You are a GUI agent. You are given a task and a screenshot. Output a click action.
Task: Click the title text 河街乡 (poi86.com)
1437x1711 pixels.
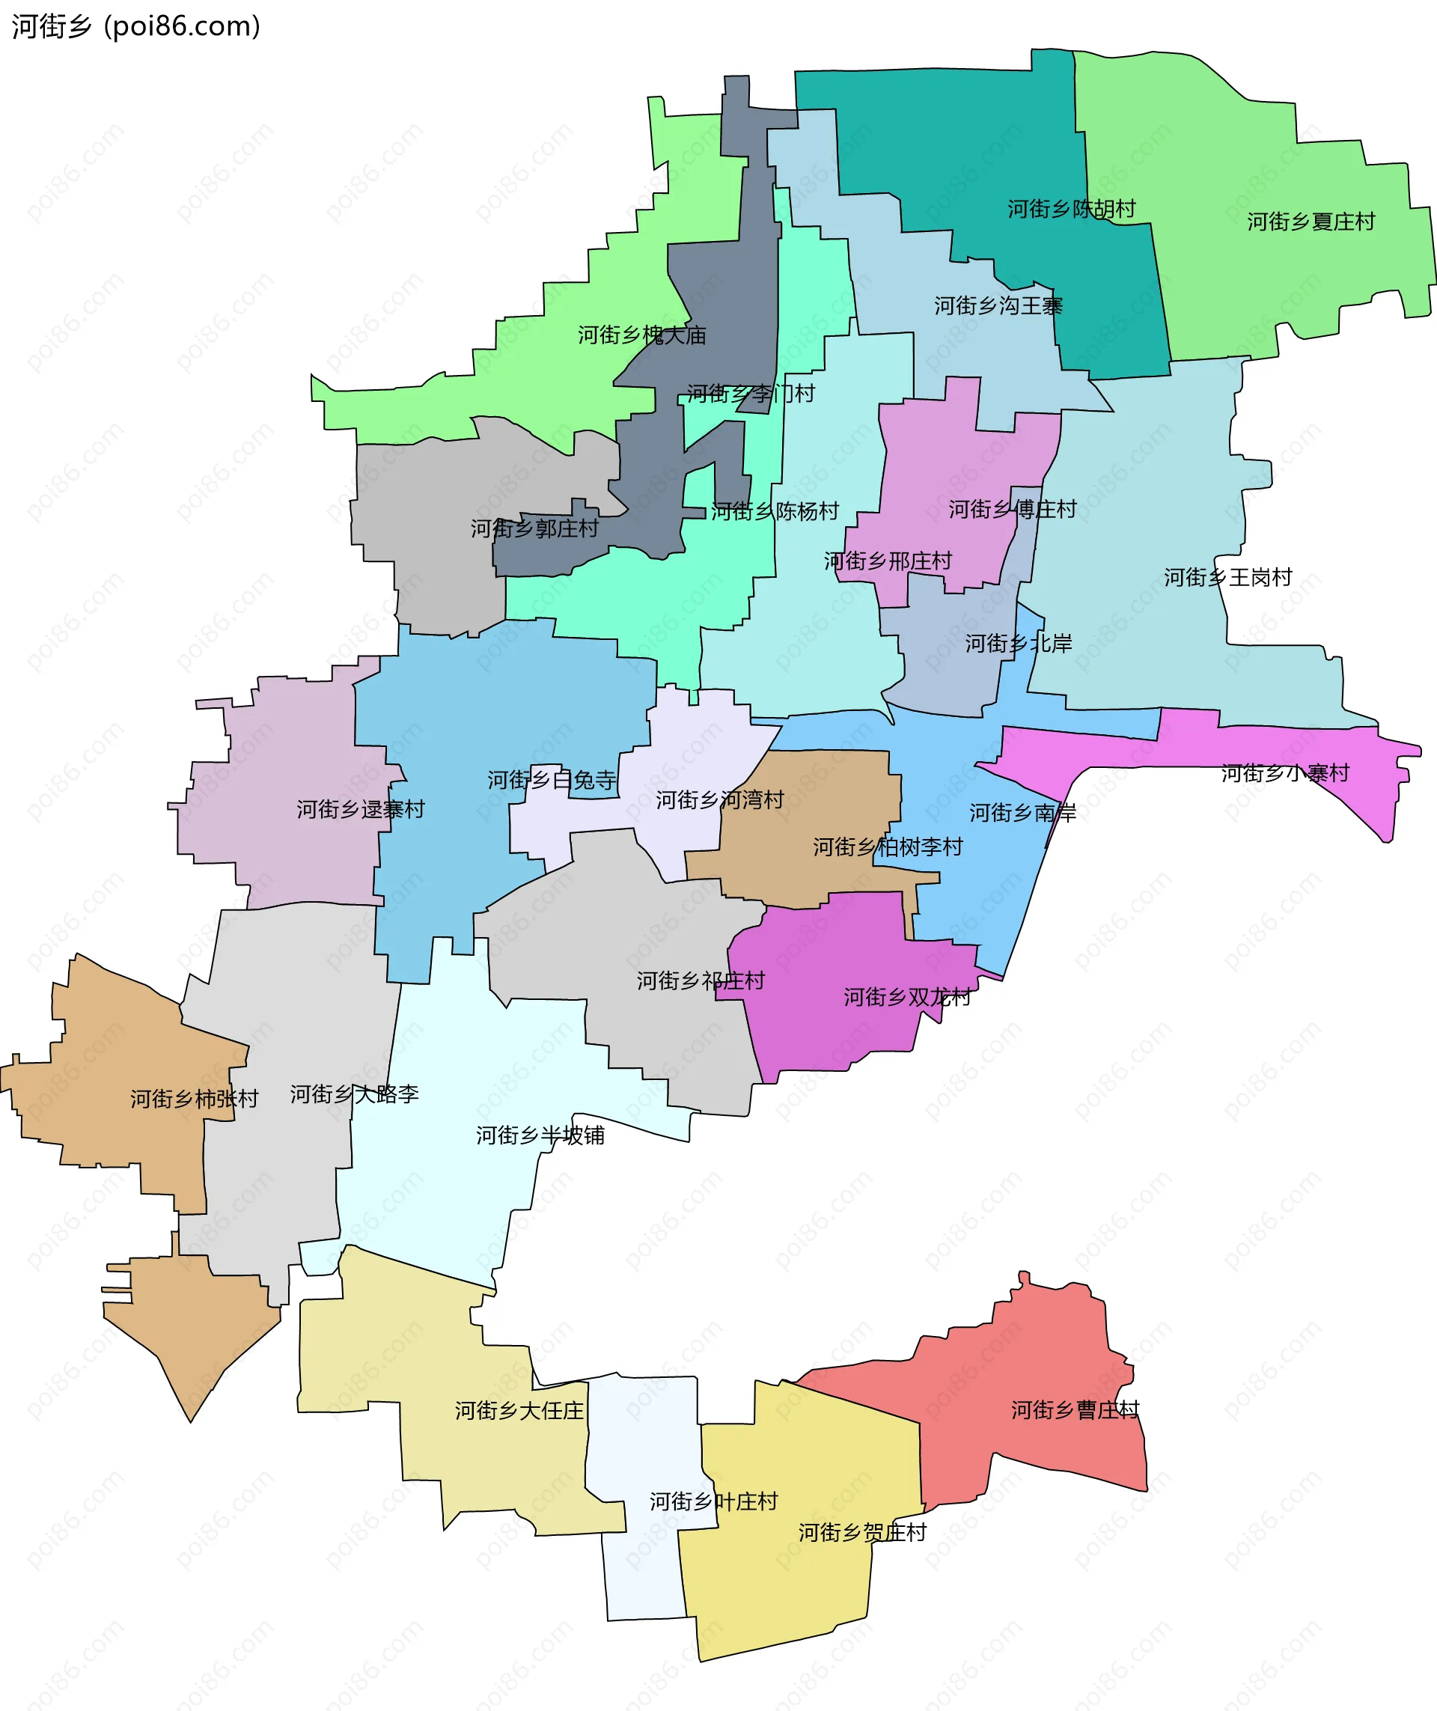(x=136, y=26)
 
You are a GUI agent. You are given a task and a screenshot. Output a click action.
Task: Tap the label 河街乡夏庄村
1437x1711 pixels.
(x=1311, y=222)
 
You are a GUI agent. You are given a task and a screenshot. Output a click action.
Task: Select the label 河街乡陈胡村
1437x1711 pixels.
(x=1071, y=210)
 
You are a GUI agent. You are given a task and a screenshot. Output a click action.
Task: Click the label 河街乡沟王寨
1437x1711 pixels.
(x=998, y=306)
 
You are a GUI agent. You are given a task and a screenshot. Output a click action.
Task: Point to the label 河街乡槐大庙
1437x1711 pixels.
(x=642, y=335)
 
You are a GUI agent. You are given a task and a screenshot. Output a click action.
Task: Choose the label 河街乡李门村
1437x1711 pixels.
(x=750, y=394)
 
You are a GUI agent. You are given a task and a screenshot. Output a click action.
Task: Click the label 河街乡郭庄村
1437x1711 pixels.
(x=534, y=528)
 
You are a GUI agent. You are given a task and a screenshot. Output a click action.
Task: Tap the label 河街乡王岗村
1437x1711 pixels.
(x=1227, y=578)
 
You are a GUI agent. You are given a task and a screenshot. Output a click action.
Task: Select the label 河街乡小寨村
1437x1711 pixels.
(x=1286, y=773)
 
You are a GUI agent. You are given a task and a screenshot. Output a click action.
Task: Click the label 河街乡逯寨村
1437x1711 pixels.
(x=360, y=810)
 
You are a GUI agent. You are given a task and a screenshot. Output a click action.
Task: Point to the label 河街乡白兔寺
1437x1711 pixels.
(x=552, y=781)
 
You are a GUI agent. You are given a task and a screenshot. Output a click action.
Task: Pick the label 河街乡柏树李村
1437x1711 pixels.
(x=888, y=847)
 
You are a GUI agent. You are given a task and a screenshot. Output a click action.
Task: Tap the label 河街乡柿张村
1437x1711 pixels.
(x=194, y=1099)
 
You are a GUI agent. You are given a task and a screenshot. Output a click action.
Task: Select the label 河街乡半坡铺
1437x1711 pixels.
(x=540, y=1135)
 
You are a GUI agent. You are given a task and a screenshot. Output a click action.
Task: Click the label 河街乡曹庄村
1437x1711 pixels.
(x=1076, y=1410)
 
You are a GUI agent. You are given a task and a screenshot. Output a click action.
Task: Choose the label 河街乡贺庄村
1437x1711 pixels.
(x=863, y=1533)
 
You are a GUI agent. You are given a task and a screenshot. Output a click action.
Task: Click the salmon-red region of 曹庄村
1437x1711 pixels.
(x=1034, y=1352)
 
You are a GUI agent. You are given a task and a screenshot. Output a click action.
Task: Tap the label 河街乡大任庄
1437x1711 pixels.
(x=519, y=1411)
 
